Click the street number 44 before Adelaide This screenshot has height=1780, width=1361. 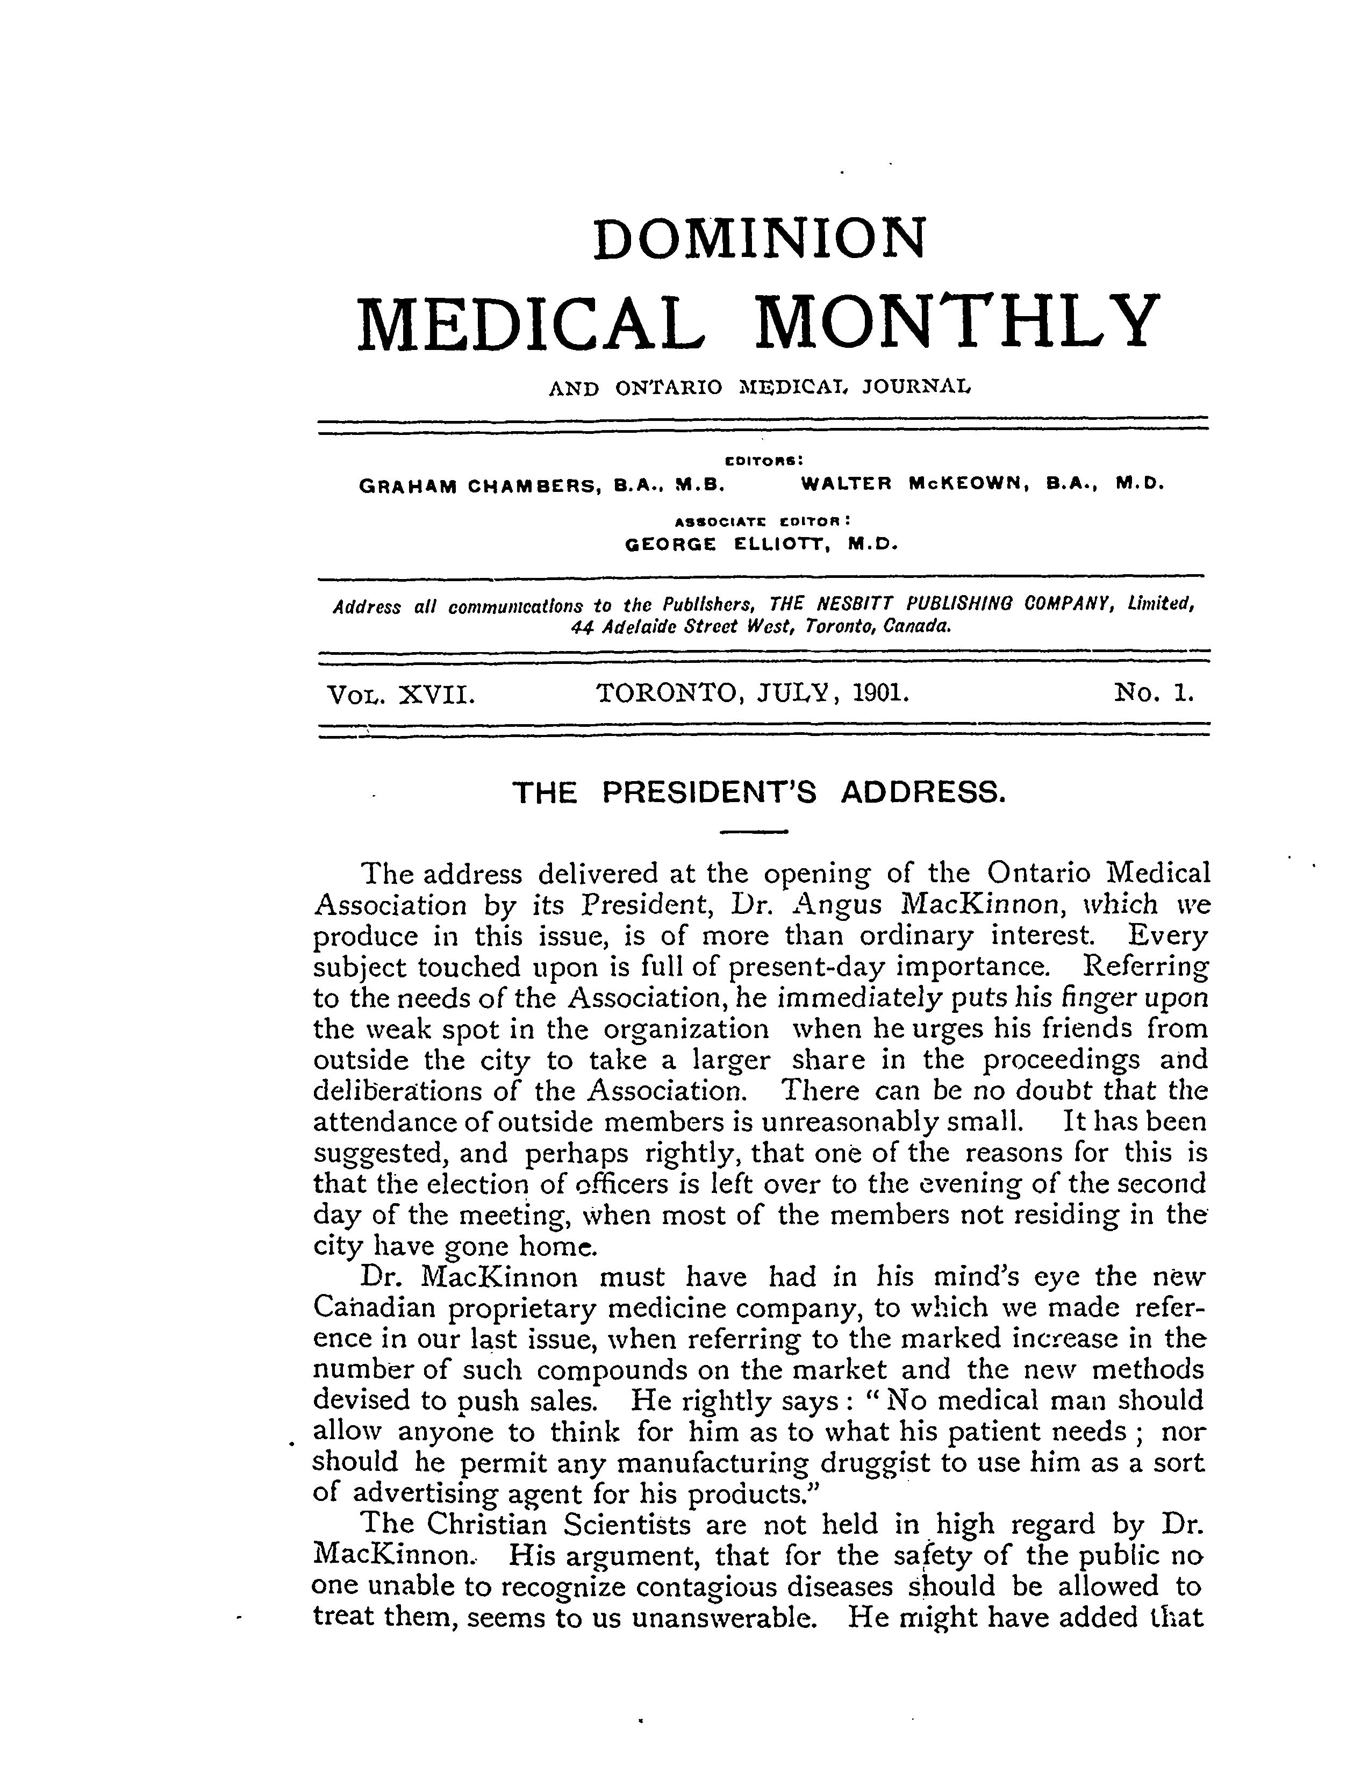pos(581,626)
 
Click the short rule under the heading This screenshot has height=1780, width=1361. pos(754,832)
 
